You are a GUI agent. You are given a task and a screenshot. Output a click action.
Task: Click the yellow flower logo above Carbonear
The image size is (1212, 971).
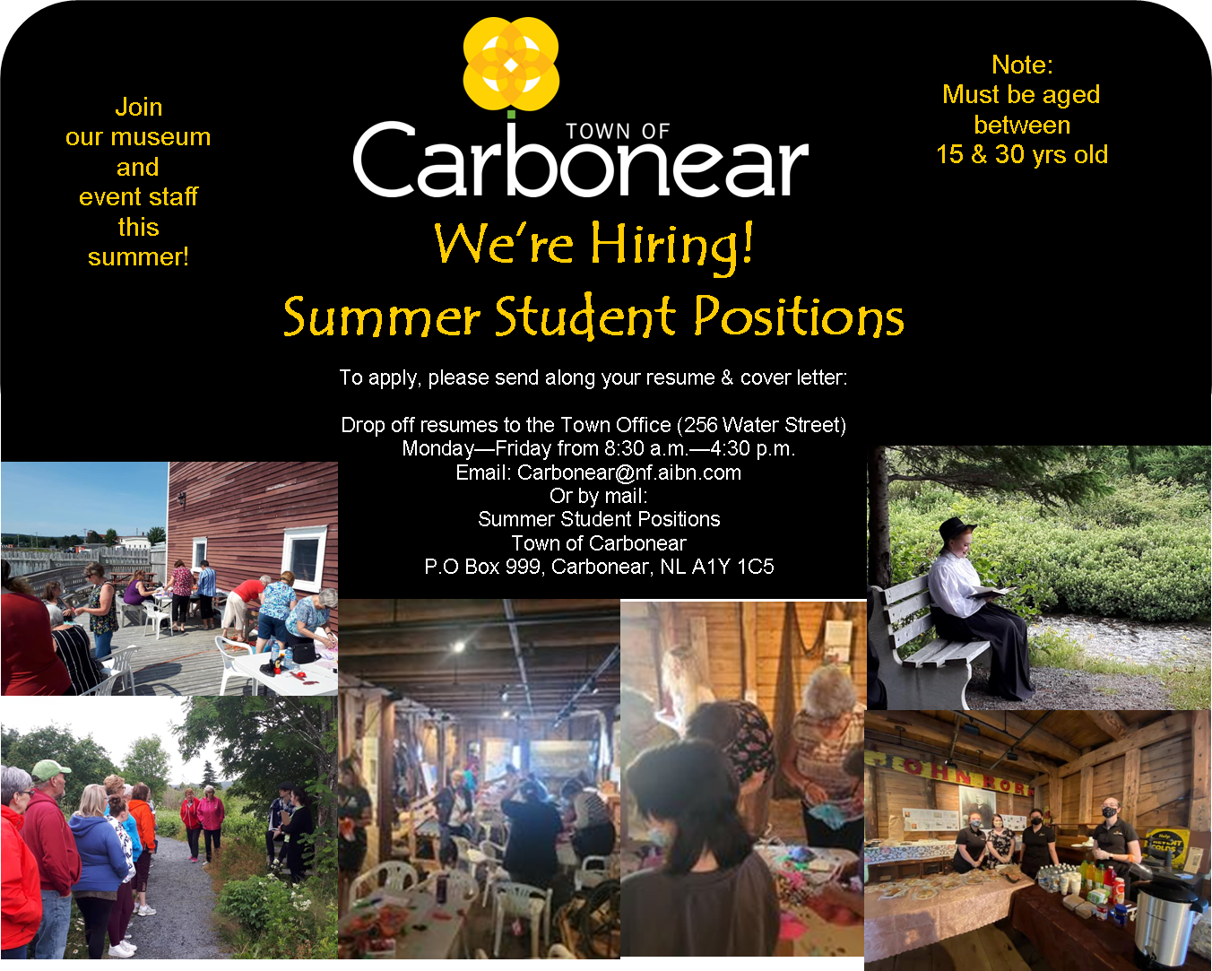(x=511, y=64)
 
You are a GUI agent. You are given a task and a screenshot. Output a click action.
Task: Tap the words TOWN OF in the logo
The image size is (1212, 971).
(x=618, y=131)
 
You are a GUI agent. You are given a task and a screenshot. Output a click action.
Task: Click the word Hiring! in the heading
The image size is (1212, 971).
(x=672, y=247)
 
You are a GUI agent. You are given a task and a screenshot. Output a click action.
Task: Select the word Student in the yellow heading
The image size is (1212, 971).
(x=585, y=316)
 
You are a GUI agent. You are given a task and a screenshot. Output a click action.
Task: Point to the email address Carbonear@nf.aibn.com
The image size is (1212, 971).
(x=629, y=472)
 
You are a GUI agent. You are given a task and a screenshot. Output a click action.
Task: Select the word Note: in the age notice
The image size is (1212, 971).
(x=1022, y=65)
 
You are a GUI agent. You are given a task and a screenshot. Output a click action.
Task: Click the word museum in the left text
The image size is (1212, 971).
(x=160, y=137)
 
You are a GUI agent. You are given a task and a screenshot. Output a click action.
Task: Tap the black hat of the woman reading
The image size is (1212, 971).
(x=956, y=529)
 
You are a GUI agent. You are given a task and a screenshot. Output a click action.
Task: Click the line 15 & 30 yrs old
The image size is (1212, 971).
(x=1022, y=155)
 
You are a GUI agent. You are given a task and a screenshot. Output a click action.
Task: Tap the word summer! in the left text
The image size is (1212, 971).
(x=138, y=257)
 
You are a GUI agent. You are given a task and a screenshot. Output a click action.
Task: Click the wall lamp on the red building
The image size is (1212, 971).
(x=181, y=498)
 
